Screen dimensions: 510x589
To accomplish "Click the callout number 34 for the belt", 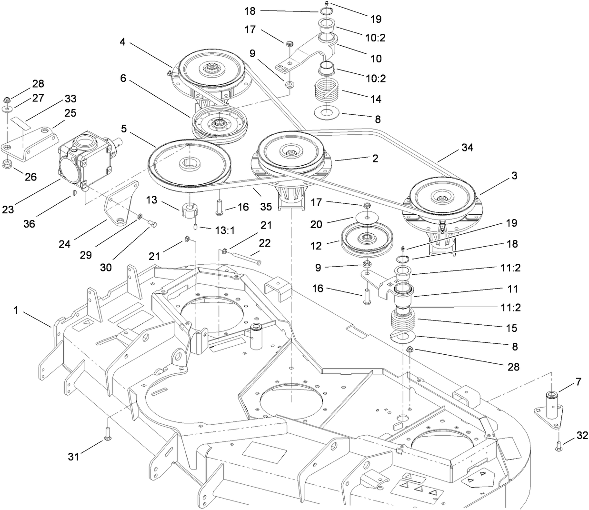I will pos(467,148).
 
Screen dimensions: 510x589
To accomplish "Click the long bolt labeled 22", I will pos(243,257).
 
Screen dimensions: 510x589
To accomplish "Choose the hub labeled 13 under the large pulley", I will pos(190,208).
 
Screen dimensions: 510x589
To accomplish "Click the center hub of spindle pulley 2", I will pos(291,152).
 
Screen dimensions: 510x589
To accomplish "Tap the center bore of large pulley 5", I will pos(189,164).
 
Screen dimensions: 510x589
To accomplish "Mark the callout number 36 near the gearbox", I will pos(29,223).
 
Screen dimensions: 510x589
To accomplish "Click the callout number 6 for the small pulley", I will pos(123,78).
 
